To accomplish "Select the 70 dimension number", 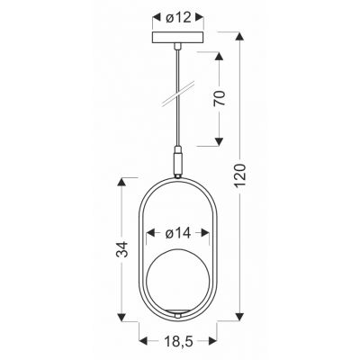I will point(219,96).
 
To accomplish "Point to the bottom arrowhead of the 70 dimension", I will point(219,143).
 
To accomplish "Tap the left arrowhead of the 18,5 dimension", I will point(142,339).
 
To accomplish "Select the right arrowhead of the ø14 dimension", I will point(212,233).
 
